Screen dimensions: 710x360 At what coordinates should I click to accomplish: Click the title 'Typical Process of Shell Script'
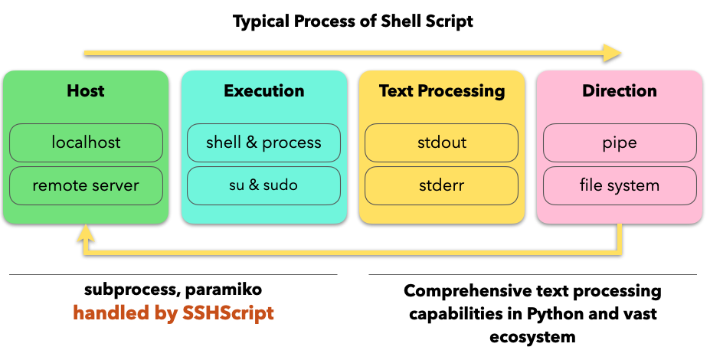pos(353,21)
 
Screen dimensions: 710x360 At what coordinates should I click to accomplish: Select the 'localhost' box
pos(86,142)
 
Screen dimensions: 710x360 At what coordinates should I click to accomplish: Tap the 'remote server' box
pos(86,185)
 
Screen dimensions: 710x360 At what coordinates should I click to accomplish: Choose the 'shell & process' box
pos(263,142)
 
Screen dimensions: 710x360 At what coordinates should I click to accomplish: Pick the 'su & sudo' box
pos(263,185)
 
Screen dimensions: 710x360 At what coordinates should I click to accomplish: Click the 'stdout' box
pos(441,142)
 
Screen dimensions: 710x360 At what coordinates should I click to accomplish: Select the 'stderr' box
pos(441,185)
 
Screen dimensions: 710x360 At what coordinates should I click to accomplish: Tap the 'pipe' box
pos(620,142)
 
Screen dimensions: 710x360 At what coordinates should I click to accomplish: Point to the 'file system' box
pos(620,185)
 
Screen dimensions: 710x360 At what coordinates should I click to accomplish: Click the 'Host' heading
pos(86,90)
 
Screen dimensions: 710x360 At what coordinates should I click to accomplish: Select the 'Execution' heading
pos(264,90)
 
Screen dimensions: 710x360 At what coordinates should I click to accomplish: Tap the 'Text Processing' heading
pos(442,91)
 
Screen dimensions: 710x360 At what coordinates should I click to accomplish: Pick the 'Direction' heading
pos(620,90)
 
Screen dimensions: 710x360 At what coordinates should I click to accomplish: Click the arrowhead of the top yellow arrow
pos(613,53)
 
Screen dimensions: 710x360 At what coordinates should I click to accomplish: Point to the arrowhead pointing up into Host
pos(86,232)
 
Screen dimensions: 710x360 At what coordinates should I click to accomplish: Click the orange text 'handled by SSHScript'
pos(173,313)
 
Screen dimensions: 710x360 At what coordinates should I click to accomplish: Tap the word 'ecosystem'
pos(532,337)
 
